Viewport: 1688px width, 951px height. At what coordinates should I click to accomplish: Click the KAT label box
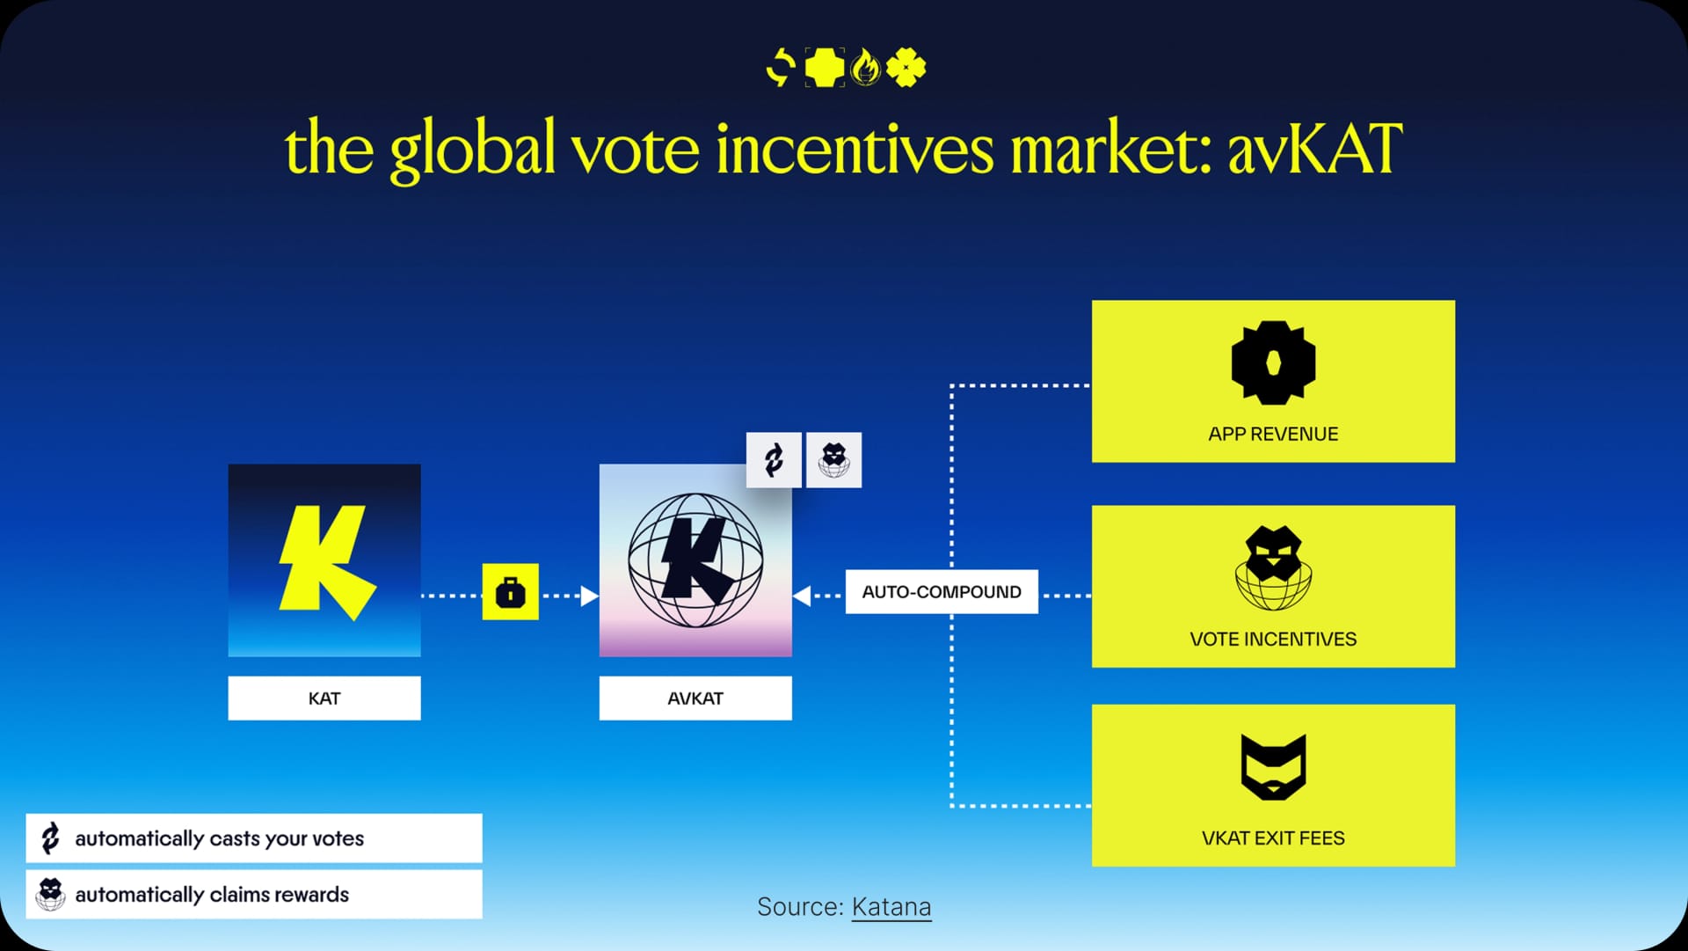tap(324, 699)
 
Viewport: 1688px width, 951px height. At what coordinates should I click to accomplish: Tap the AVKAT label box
tap(695, 699)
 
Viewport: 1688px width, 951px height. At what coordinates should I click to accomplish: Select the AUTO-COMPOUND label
tap(942, 592)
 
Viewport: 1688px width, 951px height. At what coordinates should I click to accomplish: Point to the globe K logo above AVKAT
tap(695, 560)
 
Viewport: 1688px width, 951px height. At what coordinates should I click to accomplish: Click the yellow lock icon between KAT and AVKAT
tap(511, 592)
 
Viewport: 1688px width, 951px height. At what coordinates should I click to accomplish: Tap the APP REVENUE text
tap(1273, 434)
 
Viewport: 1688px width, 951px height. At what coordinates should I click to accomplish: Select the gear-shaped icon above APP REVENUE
tap(1273, 362)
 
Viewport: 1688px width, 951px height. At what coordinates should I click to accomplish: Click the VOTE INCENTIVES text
tap(1273, 640)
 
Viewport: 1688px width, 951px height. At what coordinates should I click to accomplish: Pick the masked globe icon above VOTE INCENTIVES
tap(1273, 568)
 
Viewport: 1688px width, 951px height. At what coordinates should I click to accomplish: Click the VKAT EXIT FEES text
tap(1273, 838)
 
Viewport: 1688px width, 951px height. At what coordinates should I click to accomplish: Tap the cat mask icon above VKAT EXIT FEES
tap(1273, 766)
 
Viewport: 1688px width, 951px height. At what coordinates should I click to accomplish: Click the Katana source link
tap(891, 907)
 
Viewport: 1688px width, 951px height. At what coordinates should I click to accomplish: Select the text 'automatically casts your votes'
tap(219, 839)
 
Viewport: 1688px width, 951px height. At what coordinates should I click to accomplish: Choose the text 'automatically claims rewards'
tap(212, 895)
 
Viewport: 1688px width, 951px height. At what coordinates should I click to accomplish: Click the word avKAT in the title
tap(1314, 149)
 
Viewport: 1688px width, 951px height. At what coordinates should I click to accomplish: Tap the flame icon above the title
tap(866, 67)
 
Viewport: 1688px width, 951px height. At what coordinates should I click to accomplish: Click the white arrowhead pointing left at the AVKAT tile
tap(802, 596)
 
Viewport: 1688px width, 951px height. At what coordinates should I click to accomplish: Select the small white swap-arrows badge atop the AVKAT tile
tap(774, 460)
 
